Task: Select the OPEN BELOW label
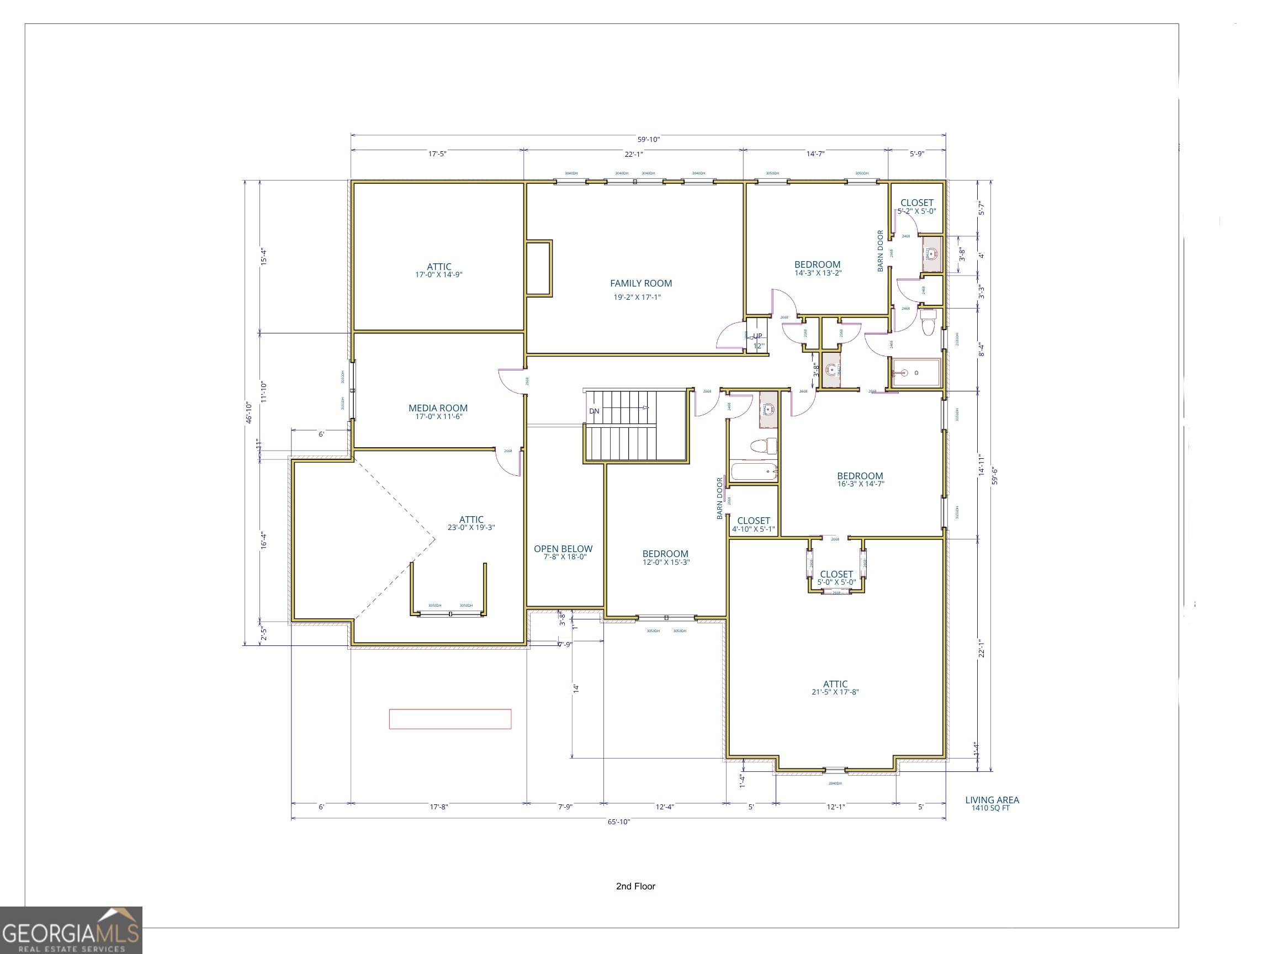(563, 549)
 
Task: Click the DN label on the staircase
(594, 411)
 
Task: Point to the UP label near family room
(757, 336)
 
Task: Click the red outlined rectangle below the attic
(450, 719)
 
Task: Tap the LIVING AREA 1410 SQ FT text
(992, 803)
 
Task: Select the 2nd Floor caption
(635, 886)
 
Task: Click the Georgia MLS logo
(71, 930)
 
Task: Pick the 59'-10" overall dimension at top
(648, 139)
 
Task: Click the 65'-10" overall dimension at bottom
(619, 821)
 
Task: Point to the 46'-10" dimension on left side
(249, 412)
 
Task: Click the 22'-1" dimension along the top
(633, 154)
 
